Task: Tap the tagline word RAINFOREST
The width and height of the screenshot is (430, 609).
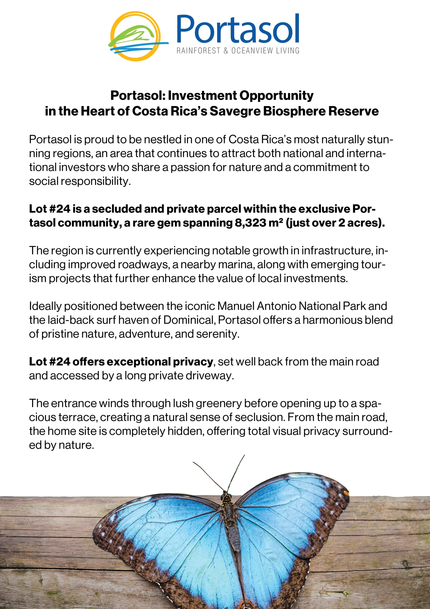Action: [x=198, y=50]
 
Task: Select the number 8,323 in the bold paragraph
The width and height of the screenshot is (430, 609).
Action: [x=250, y=223]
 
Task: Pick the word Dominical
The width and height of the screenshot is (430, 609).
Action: [x=188, y=320]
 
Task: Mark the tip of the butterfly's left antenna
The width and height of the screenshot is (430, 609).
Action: [x=193, y=462]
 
